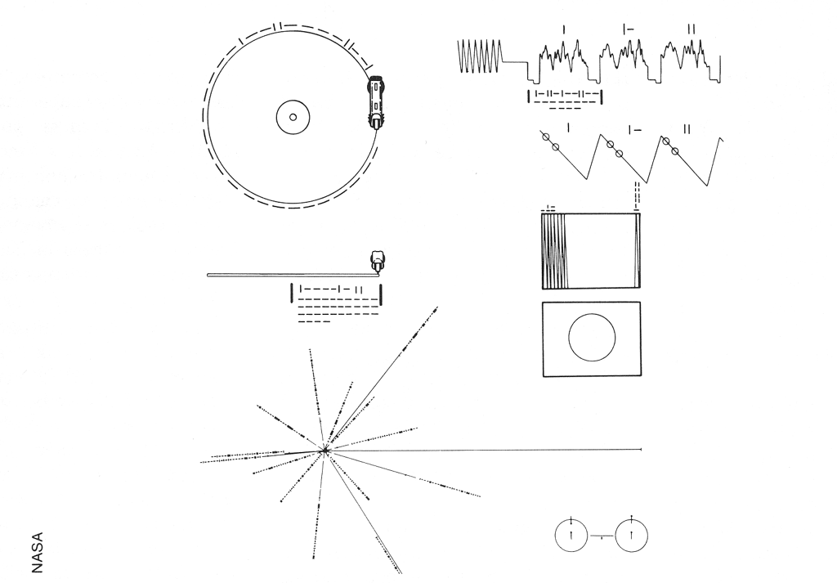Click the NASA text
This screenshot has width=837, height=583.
[37, 553]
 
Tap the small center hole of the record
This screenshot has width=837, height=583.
[293, 118]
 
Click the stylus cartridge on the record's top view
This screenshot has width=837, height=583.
[376, 102]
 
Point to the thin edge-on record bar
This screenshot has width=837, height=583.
[292, 275]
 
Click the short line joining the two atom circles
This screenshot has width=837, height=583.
[602, 536]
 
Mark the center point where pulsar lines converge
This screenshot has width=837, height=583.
[324, 451]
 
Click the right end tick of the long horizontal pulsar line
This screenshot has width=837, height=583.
[640, 450]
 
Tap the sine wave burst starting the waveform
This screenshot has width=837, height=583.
[480, 56]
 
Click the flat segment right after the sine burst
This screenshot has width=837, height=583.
[513, 62]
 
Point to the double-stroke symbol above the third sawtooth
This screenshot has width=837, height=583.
[687, 129]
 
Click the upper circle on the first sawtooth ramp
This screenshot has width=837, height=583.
[545, 137]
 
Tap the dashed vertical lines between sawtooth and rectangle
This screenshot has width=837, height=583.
[637, 196]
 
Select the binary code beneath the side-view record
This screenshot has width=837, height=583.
[336, 303]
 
